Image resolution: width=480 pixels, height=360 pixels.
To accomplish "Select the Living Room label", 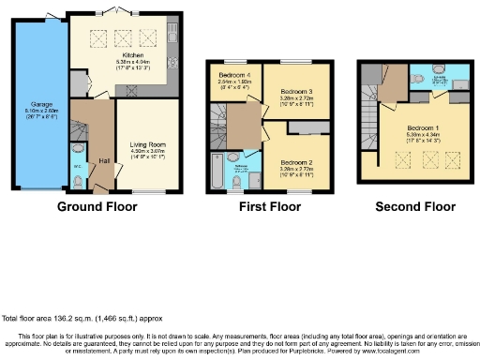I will [x=145, y=144].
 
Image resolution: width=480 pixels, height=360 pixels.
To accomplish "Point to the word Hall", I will [x=104, y=160].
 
